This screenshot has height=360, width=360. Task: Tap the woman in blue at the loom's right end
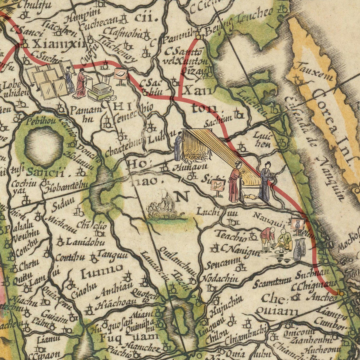point(265,182)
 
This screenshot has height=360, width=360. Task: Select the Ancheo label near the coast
point(322,298)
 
